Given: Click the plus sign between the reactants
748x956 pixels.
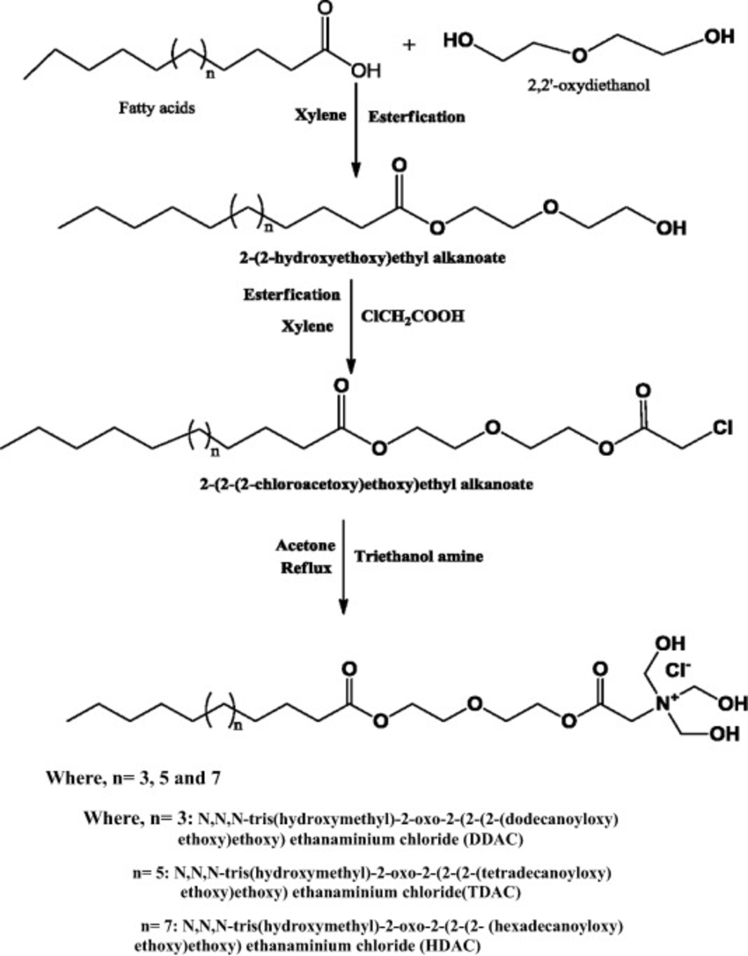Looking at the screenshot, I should [407, 41].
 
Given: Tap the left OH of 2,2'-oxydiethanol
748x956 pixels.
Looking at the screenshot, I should [461, 41].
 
